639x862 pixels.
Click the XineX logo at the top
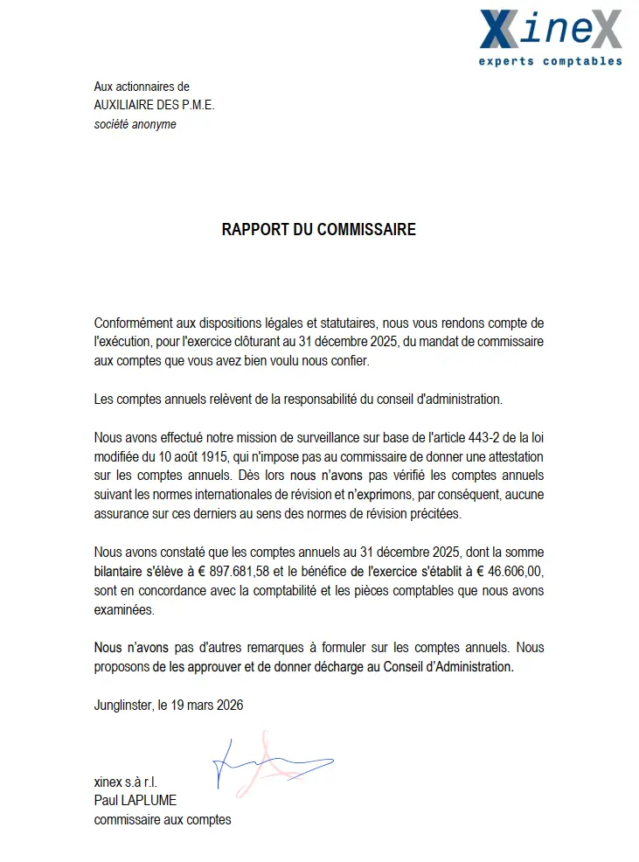[551, 29]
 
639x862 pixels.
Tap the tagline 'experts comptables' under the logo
[551, 61]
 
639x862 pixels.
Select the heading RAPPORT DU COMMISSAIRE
[319, 230]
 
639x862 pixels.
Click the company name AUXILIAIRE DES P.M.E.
[154, 105]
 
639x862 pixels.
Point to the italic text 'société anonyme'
[135, 124]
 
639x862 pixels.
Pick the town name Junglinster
[122, 705]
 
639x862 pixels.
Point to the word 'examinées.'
[123, 610]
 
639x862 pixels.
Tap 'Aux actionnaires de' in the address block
[142, 87]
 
